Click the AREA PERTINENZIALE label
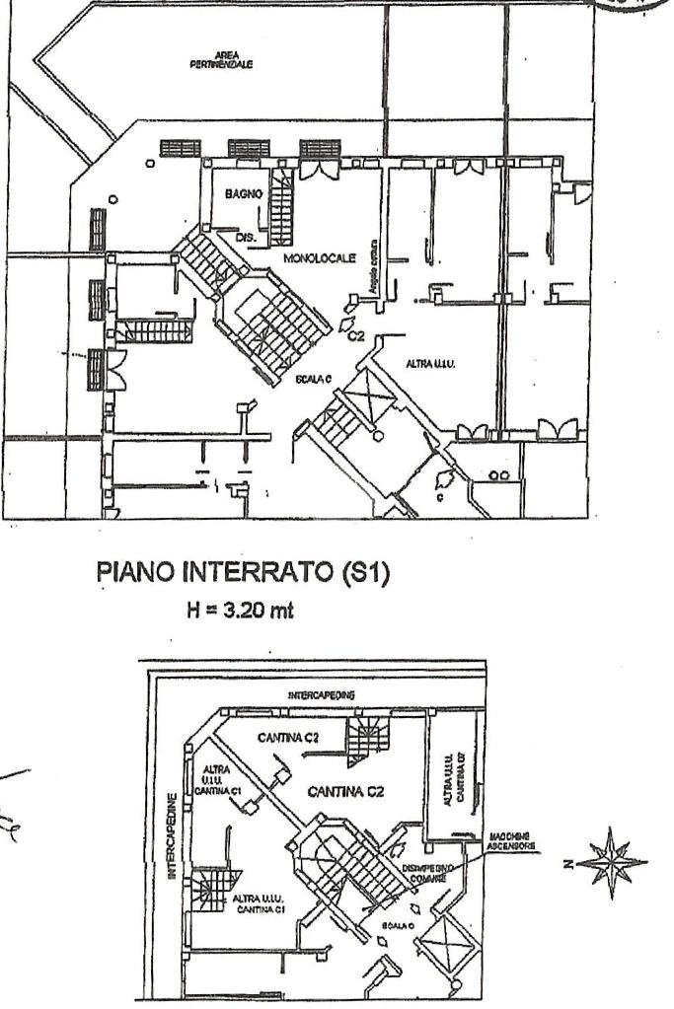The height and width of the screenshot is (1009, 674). (x=221, y=61)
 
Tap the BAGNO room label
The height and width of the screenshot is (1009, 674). (x=243, y=195)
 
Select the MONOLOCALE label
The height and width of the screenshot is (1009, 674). (x=319, y=256)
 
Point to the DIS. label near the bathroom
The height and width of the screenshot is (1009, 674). (x=246, y=239)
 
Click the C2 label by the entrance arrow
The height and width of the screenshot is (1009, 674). (x=356, y=336)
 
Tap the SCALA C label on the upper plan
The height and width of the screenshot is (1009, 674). (x=313, y=379)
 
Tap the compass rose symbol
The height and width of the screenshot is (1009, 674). (x=611, y=862)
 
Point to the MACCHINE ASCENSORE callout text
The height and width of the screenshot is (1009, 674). (x=512, y=841)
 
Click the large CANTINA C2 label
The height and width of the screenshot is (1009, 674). (x=345, y=791)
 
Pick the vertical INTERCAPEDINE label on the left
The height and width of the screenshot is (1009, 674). (x=171, y=834)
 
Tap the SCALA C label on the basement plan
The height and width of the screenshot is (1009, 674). (x=397, y=928)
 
